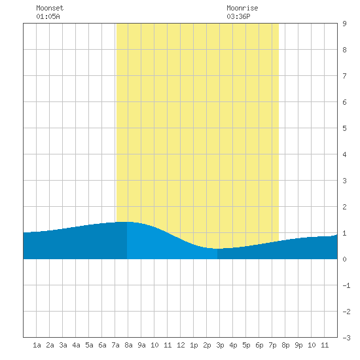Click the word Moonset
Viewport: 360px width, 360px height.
pyautogui.click(x=50, y=8)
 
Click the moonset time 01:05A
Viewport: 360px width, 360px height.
pyautogui.click(x=48, y=16)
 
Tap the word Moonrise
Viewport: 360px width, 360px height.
pyautogui.click(x=242, y=8)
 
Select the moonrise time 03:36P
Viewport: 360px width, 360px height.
pyautogui.click(x=238, y=16)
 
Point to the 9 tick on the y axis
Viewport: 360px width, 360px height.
pyautogui.click(x=344, y=24)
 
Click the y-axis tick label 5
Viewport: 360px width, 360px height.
pyautogui.click(x=344, y=128)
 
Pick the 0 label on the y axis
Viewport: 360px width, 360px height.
pyautogui.click(x=344, y=259)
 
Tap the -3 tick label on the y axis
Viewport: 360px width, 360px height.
pyautogui.click(x=346, y=338)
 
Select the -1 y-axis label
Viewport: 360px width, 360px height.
pyautogui.click(x=346, y=285)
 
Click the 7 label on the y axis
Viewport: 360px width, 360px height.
pyautogui.click(x=344, y=76)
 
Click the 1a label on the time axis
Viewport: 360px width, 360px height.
pyautogui.click(x=37, y=345)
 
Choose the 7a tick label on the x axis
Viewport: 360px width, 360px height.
pyautogui.click(x=115, y=345)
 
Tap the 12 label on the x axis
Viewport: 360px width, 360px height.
pyautogui.click(x=181, y=345)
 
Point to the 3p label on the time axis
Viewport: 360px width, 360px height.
pyautogui.click(x=220, y=345)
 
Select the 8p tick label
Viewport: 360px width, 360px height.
pyautogui.click(x=285, y=345)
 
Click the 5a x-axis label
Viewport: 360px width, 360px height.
pyautogui.click(x=89, y=345)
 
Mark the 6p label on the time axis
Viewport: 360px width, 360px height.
pyautogui.click(x=259, y=345)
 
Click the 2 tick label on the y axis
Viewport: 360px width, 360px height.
pyautogui.click(x=344, y=207)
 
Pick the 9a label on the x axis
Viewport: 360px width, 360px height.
pyautogui.click(x=141, y=345)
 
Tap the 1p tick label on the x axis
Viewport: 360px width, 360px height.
pyautogui.click(x=194, y=345)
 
